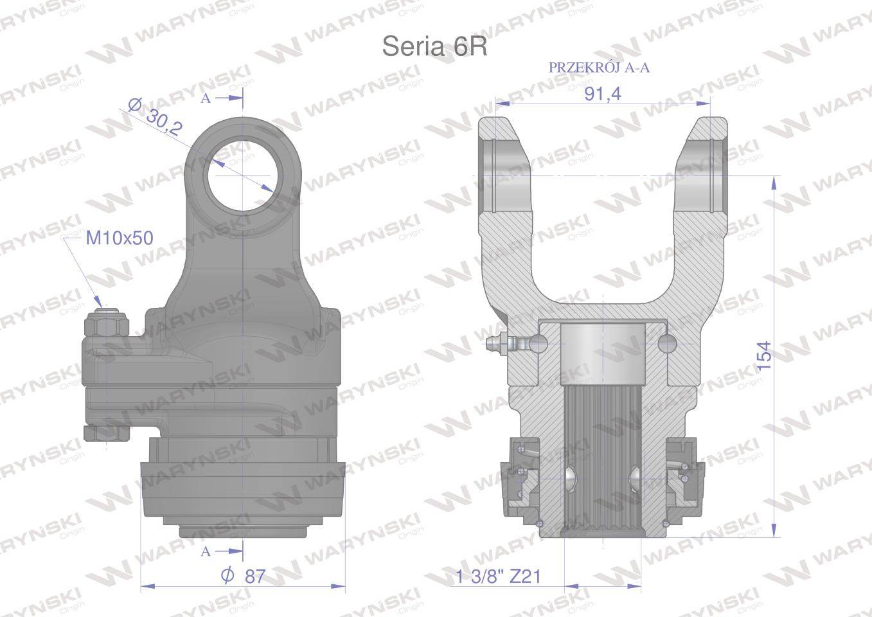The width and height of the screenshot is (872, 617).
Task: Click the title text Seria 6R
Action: pos(434,47)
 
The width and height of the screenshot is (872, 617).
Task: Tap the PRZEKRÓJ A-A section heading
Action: pos(599,67)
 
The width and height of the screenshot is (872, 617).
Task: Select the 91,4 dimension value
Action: pos(603,94)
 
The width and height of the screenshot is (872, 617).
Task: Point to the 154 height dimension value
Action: pos(764,355)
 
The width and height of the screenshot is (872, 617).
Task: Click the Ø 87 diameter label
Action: pos(244,576)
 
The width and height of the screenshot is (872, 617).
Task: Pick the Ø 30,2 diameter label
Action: pos(156,117)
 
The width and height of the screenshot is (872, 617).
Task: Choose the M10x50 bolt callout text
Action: pos(120,238)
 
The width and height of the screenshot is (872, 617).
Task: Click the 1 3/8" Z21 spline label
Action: pos(499,576)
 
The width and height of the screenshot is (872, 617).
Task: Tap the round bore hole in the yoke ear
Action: pos(244,176)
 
